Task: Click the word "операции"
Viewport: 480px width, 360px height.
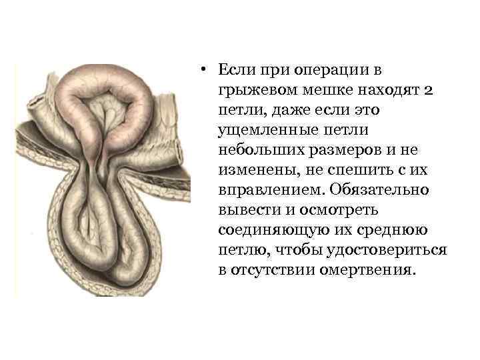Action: click(x=305, y=71)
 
